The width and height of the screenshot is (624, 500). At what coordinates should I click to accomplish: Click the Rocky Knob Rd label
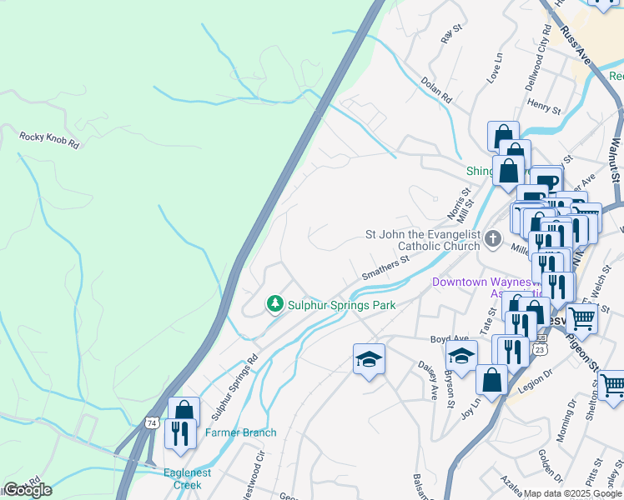coord(49,139)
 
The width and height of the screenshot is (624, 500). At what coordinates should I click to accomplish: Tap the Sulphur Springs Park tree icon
coord(274,305)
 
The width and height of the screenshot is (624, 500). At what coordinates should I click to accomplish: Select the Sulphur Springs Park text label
coord(341,305)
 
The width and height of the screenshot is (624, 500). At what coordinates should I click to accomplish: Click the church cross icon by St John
coord(493,240)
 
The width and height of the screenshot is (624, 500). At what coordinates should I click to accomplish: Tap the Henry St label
coord(544,105)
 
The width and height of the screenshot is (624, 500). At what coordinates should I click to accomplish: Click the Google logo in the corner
coord(27,490)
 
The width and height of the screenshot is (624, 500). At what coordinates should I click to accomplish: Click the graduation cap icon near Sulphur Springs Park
coord(369,359)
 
